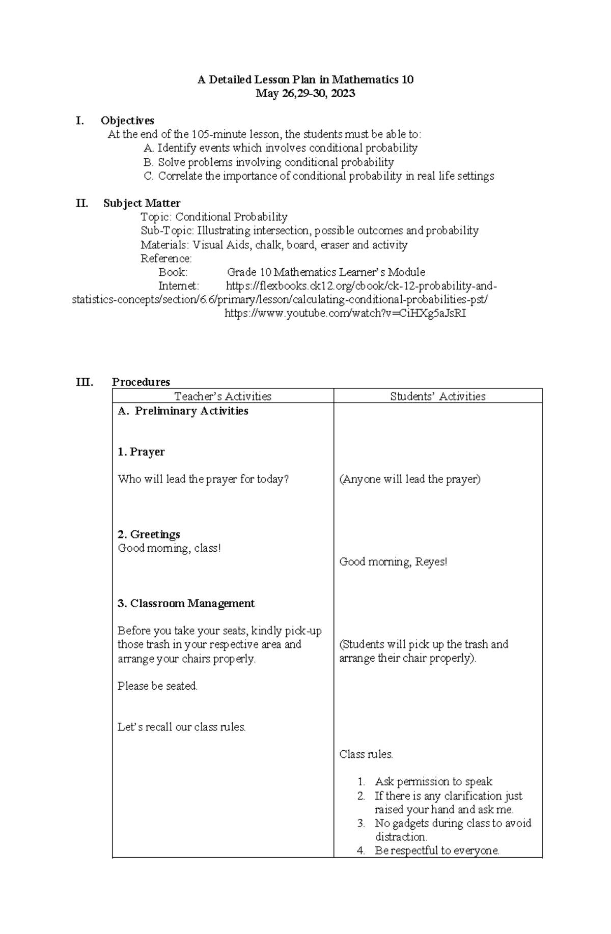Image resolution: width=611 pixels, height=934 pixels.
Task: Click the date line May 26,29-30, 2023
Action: (305, 94)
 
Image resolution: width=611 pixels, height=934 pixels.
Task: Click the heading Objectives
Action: (127, 121)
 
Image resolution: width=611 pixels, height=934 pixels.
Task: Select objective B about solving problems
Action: (269, 162)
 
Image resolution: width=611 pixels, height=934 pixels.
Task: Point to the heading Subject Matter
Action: (142, 203)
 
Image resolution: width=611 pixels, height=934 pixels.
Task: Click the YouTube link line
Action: (345, 314)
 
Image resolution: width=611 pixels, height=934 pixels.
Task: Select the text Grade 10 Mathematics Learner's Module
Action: (326, 272)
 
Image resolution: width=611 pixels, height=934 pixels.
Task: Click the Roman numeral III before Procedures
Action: (84, 382)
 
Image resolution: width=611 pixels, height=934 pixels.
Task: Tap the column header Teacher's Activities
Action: (223, 397)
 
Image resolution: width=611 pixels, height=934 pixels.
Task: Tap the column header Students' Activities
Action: (437, 397)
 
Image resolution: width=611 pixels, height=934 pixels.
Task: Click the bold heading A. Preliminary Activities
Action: (183, 411)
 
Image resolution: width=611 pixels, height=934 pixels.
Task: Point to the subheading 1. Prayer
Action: (141, 452)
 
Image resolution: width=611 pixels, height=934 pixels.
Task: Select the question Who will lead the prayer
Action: (203, 479)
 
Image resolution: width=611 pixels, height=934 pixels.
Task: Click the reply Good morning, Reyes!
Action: (393, 562)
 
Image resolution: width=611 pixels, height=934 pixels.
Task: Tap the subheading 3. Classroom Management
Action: (186, 604)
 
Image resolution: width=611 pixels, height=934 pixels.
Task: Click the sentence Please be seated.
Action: (157, 686)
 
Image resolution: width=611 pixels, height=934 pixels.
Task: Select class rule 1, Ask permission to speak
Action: (433, 782)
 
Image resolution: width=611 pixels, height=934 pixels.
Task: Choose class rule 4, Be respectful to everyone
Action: (437, 851)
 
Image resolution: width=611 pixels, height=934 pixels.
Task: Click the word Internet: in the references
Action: (179, 286)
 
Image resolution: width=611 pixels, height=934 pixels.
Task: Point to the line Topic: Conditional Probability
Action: (214, 217)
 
